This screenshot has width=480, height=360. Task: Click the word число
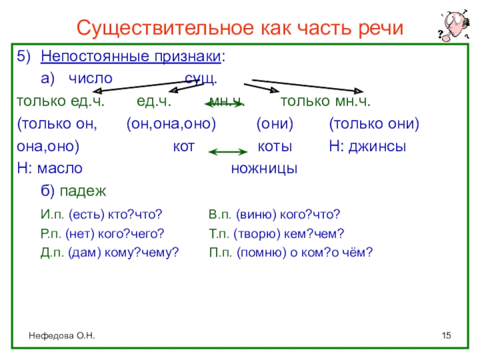coord(89,79)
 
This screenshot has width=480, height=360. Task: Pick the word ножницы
coord(264,169)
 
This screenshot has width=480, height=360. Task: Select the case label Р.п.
coord(52,234)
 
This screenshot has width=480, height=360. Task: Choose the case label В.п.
coord(220,215)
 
